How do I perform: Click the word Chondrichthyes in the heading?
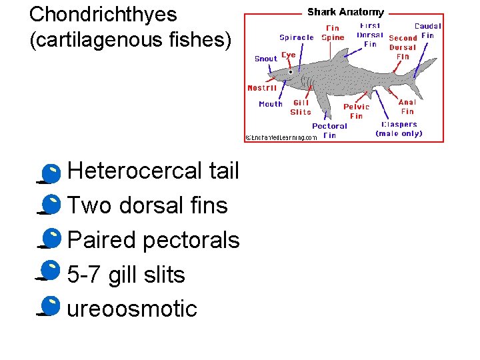pos(103,14)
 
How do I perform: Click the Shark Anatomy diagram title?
pos(345,12)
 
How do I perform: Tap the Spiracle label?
pos(297,37)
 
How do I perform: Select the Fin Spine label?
pos(333,33)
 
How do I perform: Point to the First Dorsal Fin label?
pos(370,35)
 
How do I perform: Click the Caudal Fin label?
pos(427,31)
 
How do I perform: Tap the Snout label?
pos(266,59)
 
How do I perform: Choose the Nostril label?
pos(262,88)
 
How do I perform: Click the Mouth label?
pos(271,104)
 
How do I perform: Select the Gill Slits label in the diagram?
pos(301,107)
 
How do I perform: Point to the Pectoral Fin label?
pos(329,130)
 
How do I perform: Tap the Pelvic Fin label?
pos(357,111)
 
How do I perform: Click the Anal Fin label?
pos(407,107)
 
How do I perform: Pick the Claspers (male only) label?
pos(399,129)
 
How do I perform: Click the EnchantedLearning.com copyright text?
pos(281,137)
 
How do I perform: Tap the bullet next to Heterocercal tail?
pos(49,173)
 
